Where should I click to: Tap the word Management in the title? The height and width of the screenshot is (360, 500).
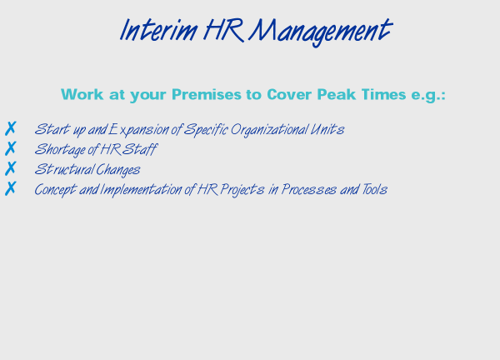click(321, 31)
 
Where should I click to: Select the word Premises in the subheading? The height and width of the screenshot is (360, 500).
click(207, 94)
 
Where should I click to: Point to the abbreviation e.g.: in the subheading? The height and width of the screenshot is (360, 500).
click(428, 95)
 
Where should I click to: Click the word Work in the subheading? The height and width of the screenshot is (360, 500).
click(82, 94)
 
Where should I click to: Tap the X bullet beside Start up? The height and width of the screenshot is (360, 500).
click(10, 128)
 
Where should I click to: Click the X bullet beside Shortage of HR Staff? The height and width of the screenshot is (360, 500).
click(10, 148)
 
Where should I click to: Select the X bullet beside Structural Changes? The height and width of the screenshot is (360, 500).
click(10, 168)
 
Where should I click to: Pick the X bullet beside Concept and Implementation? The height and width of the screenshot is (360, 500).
click(10, 188)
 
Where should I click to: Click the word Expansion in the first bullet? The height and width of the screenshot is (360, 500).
click(138, 130)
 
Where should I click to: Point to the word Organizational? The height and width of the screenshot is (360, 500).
click(269, 130)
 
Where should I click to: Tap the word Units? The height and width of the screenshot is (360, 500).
click(327, 129)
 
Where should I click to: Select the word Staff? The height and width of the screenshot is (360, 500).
click(139, 149)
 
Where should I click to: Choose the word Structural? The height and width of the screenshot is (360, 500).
click(64, 169)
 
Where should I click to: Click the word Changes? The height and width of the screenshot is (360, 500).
click(118, 170)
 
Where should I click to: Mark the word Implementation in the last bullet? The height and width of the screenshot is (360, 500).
click(141, 189)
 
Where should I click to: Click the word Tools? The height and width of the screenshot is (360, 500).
click(374, 189)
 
